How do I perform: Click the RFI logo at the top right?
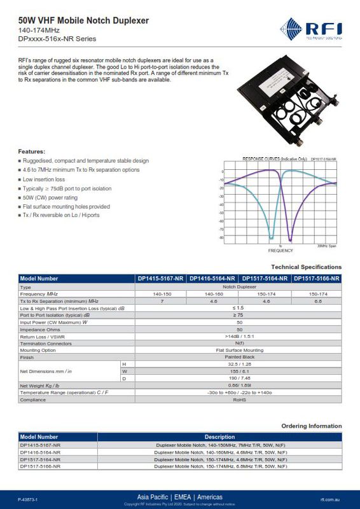coord(311,29)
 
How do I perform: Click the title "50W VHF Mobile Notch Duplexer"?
coord(84,21)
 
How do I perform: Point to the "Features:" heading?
coord(31,151)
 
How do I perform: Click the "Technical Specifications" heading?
coord(306,267)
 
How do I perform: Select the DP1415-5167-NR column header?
coord(161,279)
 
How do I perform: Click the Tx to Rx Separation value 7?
coord(162,301)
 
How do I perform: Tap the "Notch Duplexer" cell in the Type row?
coord(239,288)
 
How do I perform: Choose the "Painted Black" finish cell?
coord(239,357)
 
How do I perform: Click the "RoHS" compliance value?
coord(239,400)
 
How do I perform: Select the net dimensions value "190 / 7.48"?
coord(239,378)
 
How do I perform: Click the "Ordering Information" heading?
coord(311,426)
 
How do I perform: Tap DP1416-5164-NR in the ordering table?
coord(40,452)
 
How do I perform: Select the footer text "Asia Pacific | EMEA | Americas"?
coord(179,496)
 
